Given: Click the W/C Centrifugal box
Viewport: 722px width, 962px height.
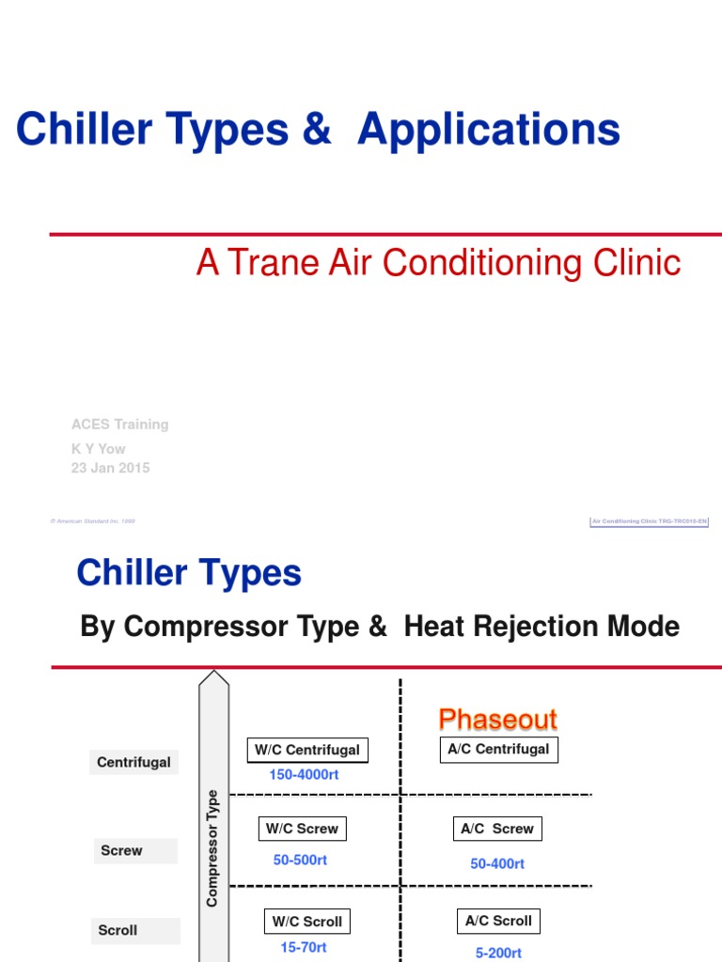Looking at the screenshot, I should point(307,751).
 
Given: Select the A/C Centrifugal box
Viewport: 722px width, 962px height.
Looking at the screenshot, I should point(499,750).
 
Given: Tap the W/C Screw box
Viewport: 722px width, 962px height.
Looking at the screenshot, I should point(302,829).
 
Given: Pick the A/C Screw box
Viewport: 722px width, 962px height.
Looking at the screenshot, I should point(498,829).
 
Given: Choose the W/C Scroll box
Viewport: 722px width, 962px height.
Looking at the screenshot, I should point(307,922).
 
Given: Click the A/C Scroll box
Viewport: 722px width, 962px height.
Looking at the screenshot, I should point(499,921).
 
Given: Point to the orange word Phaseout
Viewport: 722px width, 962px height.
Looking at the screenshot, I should point(498,720).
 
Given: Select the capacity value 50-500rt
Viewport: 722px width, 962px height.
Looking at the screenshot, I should point(301,860).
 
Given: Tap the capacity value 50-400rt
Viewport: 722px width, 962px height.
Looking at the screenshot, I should point(497,863).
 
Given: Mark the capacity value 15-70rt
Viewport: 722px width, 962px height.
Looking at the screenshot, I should point(304,948).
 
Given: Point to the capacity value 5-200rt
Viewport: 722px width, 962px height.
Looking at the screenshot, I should point(499,952).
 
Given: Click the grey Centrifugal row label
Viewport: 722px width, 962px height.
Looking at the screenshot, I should point(134,762).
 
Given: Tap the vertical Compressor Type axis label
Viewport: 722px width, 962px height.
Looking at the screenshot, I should point(212,847).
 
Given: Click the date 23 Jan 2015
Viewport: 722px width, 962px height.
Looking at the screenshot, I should point(111,468).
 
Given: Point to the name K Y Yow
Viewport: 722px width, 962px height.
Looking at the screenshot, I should point(99,448).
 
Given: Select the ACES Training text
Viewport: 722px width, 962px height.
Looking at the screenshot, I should point(120,424).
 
